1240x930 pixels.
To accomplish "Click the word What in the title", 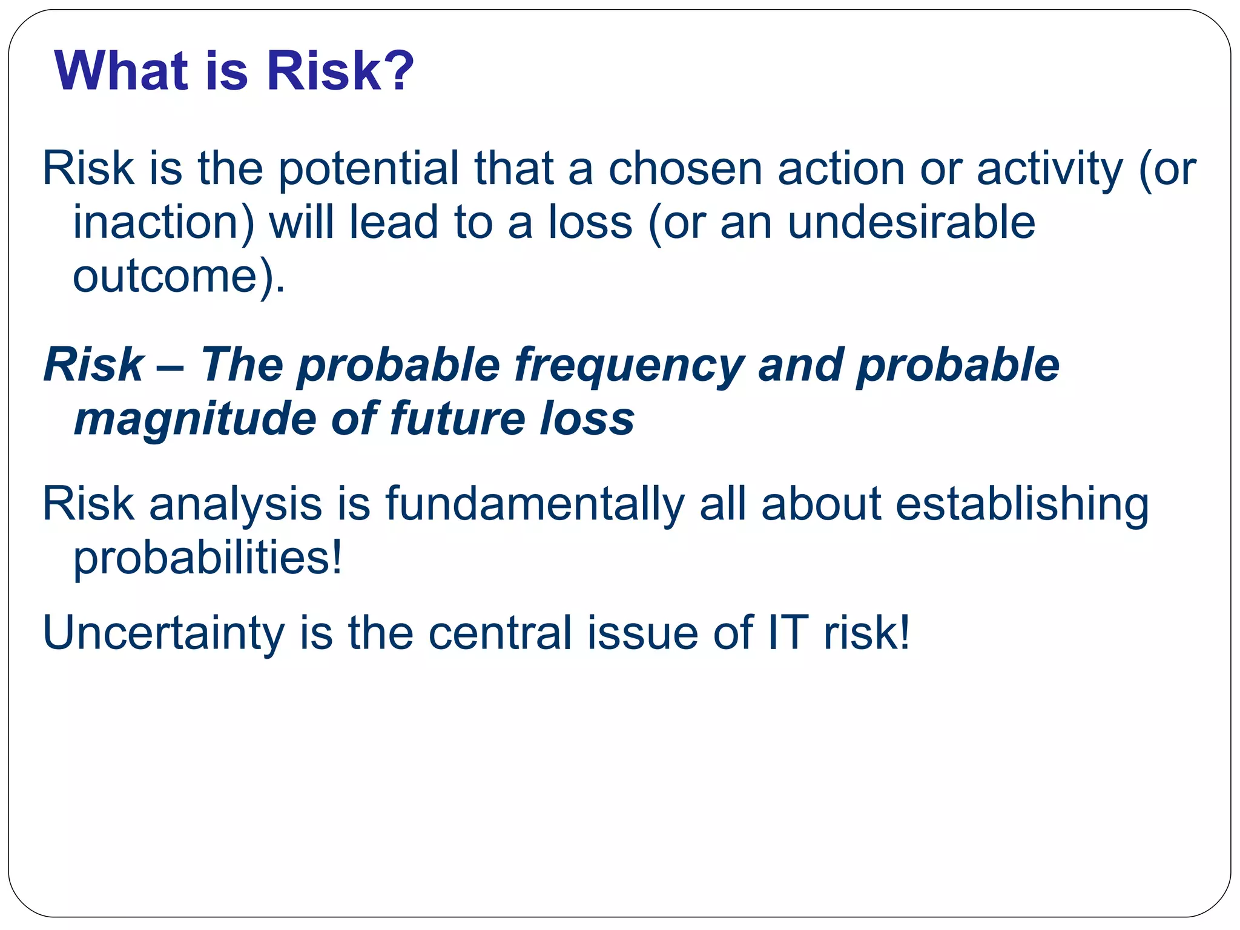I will tap(120, 71).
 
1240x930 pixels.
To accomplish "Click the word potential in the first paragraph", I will tap(368, 169).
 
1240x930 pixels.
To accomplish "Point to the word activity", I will tap(1049, 169).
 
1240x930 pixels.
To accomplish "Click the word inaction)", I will tap(163, 222).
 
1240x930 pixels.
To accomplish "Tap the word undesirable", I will tap(911, 222).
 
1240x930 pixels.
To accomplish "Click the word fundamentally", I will tap(535, 504).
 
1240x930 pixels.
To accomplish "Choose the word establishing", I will tap(1021, 504).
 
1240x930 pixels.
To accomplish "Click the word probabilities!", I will tap(208, 558).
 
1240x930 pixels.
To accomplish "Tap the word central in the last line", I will tap(500, 633).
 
